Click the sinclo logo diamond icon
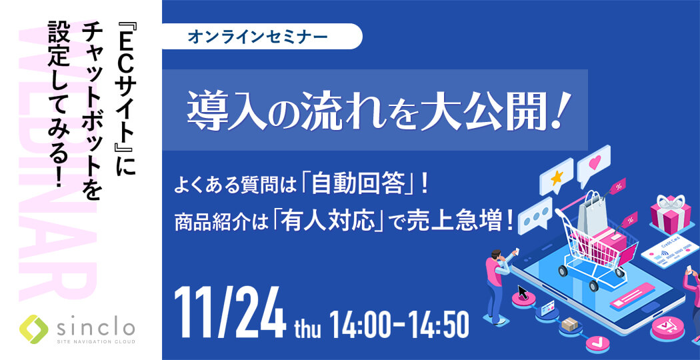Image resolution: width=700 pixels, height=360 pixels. click(34, 329)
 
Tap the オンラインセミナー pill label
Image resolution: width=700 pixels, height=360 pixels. click(262, 37)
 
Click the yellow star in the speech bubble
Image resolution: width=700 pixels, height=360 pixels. click(556, 178)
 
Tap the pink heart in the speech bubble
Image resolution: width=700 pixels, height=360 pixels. click(595, 163)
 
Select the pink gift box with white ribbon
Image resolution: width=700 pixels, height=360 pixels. click(670, 213)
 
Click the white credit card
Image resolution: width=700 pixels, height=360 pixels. click(670, 251)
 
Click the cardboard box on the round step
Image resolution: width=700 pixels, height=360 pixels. click(569, 324)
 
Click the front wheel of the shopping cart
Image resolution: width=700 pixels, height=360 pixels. click(594, 284)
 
